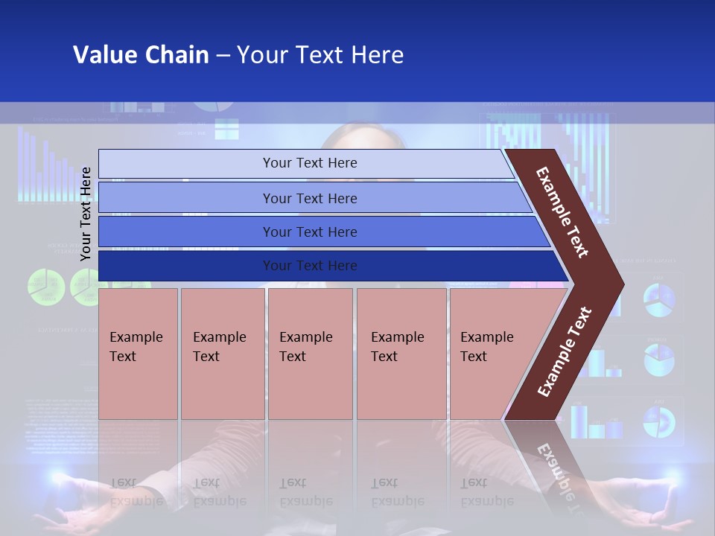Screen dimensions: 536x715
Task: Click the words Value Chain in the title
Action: pos(141,55)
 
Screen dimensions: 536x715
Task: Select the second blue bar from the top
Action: pos(310,198)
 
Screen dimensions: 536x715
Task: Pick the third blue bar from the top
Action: pos(310,232)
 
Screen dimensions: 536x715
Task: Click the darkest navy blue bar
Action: pos(310,266)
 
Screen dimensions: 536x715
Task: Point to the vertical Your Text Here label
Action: pos(86,214)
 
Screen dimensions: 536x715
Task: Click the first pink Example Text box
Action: pos(138,353)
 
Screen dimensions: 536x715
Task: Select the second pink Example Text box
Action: pos(223,353)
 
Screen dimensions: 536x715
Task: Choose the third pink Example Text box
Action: pos(310,353)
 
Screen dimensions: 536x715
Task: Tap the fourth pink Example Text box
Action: pos(401,353)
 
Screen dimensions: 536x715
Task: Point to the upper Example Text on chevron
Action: pos(562,212)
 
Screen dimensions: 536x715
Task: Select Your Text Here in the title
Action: pos(320,55)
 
